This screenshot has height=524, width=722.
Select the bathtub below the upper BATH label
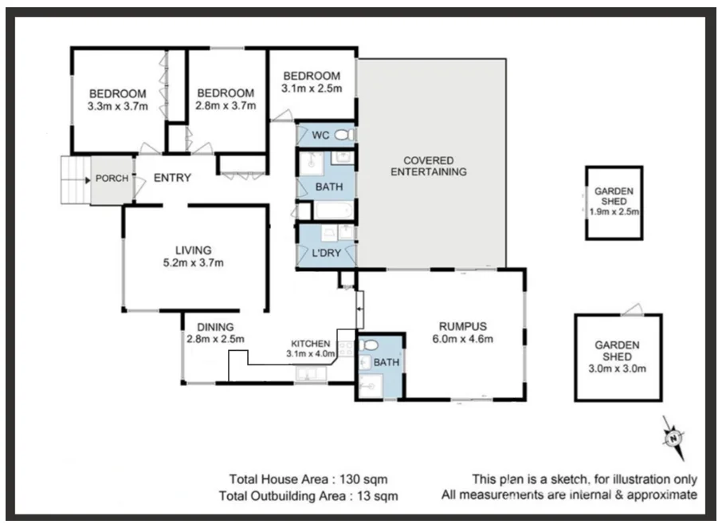click(328, 211)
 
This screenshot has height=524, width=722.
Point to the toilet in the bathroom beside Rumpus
click(368, 346)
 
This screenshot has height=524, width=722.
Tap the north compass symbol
click(674, 437)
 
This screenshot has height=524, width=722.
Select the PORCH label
click(111, 178)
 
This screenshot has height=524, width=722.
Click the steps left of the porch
click(75, 180)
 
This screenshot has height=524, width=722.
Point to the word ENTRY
click(172, 178)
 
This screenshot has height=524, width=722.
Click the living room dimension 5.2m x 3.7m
click(194, 262)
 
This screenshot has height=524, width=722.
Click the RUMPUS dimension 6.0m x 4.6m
click(462, 338)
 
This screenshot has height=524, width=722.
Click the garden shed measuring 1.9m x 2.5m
click(614, 203)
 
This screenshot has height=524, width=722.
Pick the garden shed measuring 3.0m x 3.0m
click(618, 357)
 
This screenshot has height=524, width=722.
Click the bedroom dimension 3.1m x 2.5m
click(312, 89)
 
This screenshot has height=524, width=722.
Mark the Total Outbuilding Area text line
click(308, 495)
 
